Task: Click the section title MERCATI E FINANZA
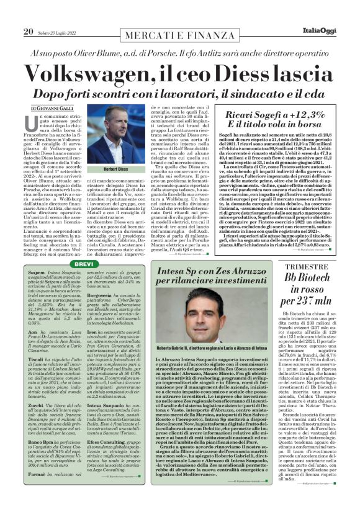(x=179, y=31)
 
